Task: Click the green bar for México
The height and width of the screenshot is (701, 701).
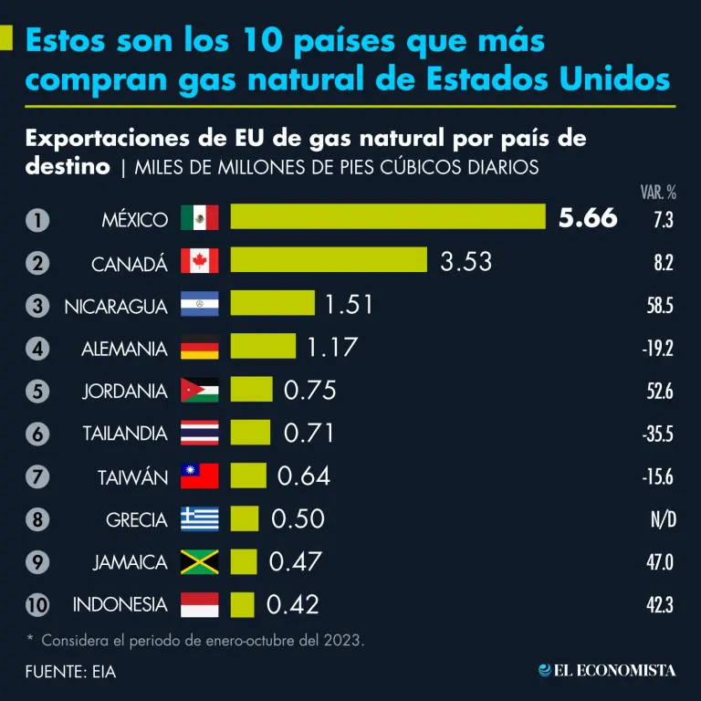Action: (388, 216)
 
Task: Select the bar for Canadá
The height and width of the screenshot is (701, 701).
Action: (329, 260)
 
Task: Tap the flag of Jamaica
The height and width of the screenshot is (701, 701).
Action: (200, 561)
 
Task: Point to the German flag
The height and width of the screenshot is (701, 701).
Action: (200, 348)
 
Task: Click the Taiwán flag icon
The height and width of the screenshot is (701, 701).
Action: (200, 476)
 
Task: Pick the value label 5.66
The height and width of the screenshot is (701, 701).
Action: (588, 218)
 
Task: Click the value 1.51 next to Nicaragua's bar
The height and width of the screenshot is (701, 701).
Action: (350, 304)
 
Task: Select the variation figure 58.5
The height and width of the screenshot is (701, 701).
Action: (659, 306)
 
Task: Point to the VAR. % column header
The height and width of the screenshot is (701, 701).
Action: (657, 192)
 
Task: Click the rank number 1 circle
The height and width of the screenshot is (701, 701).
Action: (37, 219)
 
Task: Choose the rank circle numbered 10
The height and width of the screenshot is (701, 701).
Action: (37, 604)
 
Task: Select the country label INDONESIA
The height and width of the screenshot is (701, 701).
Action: (120, 604)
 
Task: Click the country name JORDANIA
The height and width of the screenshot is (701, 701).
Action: (125, 391)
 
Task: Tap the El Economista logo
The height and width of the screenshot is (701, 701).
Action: (607, 671)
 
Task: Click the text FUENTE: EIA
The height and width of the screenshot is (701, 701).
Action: (71, 672)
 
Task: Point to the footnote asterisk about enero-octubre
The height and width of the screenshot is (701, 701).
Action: (30, 639)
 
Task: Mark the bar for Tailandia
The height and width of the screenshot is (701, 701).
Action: (250, 433)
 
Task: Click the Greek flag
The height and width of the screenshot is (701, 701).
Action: (200, 518)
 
